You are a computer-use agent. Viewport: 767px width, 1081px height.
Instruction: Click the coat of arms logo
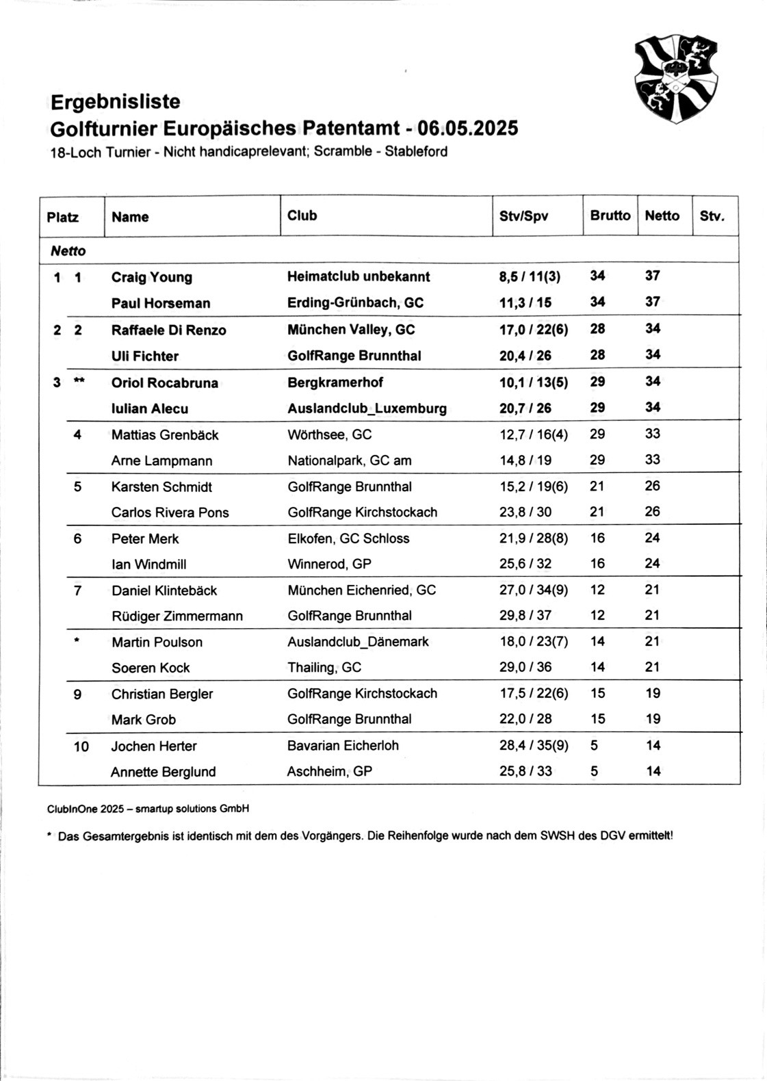tap(676, 80)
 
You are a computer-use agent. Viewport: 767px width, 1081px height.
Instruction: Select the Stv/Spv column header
tap(523, 216)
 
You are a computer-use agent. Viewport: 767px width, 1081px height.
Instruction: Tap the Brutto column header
tap(610, 216)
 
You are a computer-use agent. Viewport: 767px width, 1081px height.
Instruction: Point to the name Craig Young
tap(152, 277)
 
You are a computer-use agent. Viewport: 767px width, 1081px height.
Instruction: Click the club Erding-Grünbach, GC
tap(355, 302)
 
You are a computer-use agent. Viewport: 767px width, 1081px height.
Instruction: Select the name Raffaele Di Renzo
tap(168, 330)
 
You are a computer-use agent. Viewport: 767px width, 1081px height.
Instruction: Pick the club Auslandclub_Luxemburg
tap(367, 408)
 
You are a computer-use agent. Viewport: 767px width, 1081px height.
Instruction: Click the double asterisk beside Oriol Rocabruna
tap(79, 381)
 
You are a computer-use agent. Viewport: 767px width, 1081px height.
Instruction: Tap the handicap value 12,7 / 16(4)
tap(533, 434)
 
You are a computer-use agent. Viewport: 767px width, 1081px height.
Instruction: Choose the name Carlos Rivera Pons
tap(170, 512)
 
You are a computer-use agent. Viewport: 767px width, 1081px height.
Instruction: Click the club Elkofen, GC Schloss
tap(348, 538)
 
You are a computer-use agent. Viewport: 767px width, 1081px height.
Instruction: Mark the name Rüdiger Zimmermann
tap(177, 616)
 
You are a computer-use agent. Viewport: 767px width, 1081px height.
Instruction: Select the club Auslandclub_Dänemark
tap(358, 642)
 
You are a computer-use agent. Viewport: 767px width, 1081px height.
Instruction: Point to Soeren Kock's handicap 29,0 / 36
tap(525, 667)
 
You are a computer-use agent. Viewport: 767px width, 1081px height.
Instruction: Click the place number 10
tap(81, 746)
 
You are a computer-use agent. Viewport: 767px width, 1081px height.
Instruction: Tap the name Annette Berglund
tap(163, 772)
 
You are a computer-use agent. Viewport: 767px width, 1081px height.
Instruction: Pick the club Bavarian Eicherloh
tap(343, 745)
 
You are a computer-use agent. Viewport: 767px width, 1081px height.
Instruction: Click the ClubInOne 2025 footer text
tap(148, 809)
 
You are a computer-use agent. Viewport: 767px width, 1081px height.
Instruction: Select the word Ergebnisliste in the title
tap(116, 102)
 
